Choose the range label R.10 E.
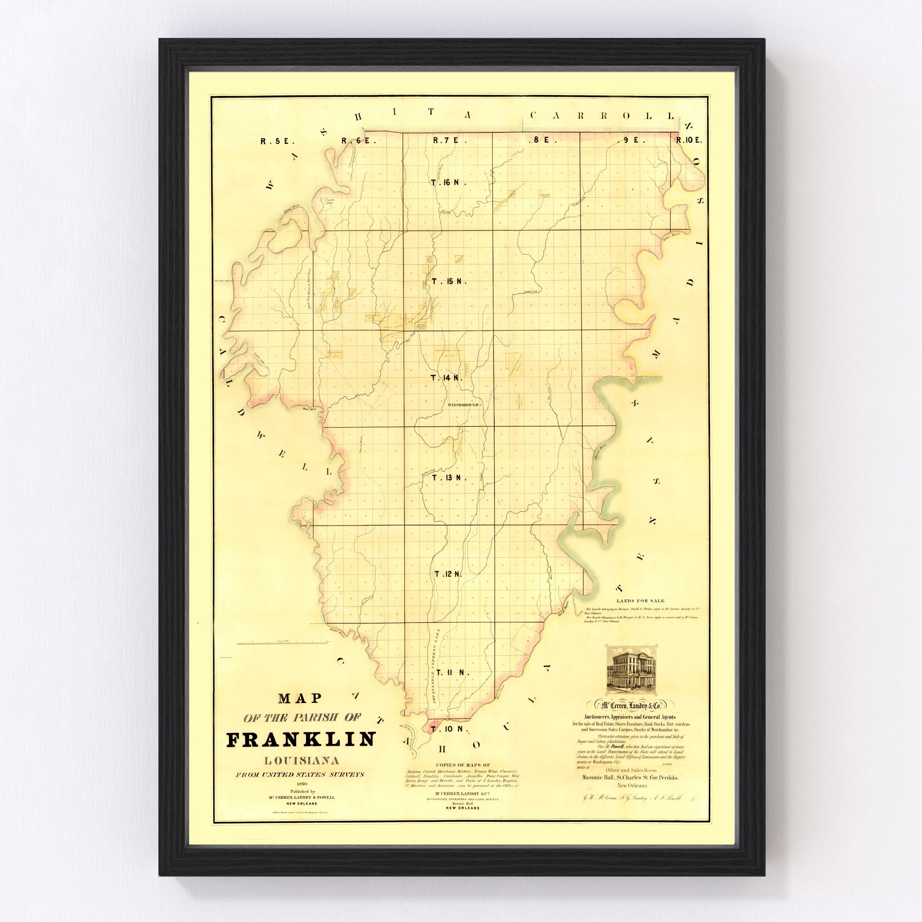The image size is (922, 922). click(689, 140)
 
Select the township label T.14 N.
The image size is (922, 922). click(447, 378)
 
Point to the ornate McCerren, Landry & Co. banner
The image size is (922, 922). click(633, 704)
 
